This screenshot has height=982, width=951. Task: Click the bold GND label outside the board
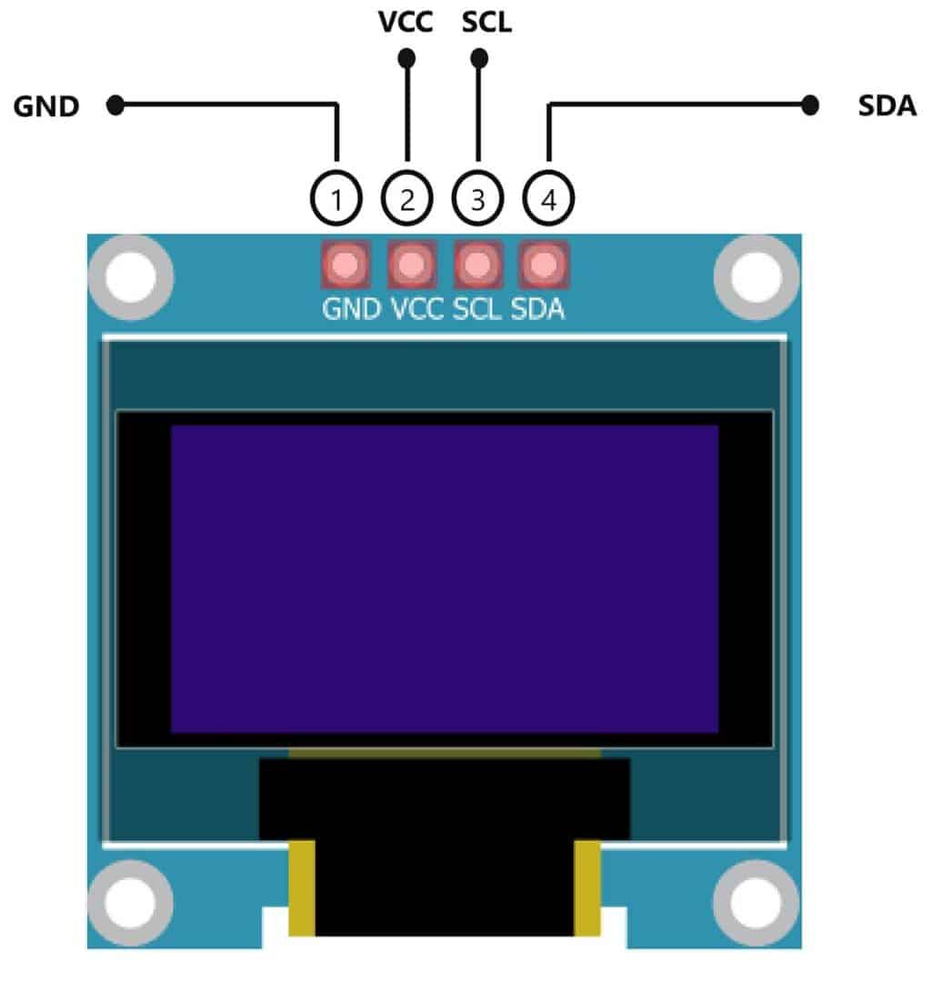(46, 106)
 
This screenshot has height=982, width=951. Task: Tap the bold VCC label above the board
(405, 22)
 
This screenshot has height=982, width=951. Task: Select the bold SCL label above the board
(486, 22)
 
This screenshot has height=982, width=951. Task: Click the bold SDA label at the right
(887, 106)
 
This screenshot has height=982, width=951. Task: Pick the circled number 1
(337, 198)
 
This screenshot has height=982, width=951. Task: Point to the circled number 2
(407, 198)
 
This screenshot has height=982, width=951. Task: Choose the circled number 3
(478, 198)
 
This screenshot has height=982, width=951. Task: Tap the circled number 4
(548, 198)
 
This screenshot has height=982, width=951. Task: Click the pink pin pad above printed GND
(345, 265)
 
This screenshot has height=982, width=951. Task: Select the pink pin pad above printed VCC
(412, 265)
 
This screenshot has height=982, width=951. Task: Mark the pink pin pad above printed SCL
(478, 265)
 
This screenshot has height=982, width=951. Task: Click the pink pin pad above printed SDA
(544, 265)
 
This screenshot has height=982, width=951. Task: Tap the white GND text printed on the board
(351, 310)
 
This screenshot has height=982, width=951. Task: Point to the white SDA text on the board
(537, 310)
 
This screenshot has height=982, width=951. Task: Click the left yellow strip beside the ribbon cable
(302, 887)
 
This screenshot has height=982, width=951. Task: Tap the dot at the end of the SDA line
(810, 106)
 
